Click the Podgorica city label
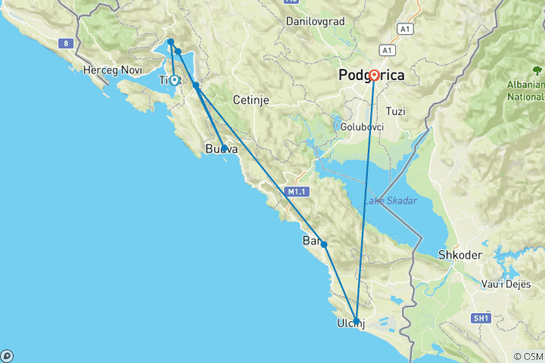372,75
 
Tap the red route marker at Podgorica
374,76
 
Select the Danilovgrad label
315,21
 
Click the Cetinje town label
251,100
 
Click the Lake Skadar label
390,200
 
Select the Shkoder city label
460,255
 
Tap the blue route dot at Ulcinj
357,321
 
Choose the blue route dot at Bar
324,244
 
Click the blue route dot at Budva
224,148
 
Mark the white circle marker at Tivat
174,79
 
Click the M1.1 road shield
296,192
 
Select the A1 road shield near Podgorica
388,50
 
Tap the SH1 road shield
480,318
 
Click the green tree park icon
537,70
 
